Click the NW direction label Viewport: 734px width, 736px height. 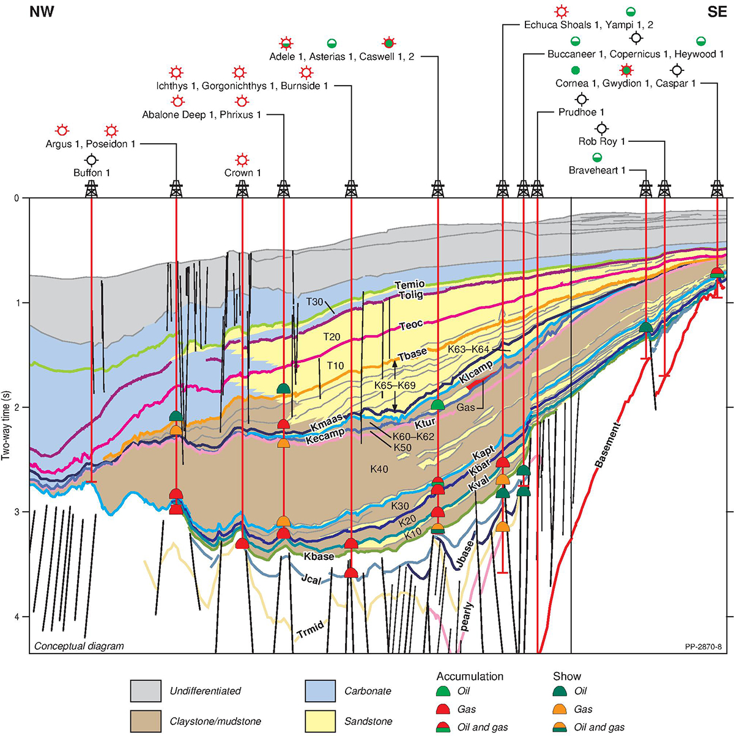coord(42,12)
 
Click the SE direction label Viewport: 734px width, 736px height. coord(717,12)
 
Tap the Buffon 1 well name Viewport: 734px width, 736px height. coord(92,173)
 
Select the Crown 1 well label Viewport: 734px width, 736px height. coord(242,173)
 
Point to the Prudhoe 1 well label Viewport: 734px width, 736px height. coord(581,112)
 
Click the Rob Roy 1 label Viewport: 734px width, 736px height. coord(602,142)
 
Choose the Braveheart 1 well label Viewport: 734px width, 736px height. coord(597,171)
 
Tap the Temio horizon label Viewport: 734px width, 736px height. coord(410,285)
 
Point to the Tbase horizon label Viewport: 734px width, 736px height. coord(412,356)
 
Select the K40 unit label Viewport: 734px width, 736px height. coord(379,469)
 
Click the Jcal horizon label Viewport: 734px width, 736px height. coord(310,580)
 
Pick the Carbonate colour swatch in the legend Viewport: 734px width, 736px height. coord(320,691)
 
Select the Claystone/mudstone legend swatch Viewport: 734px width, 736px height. coord(146,721)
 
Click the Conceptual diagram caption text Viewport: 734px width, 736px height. coord(79,646)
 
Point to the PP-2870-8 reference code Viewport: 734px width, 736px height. coord(703,646)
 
